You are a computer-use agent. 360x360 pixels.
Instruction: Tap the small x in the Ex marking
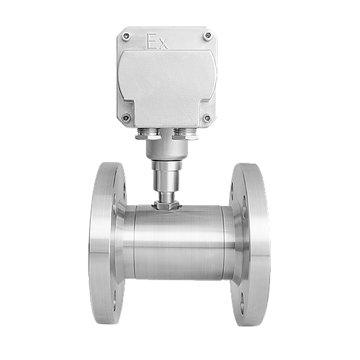pos(163,45)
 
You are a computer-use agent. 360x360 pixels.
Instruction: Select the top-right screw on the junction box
pos(207,36)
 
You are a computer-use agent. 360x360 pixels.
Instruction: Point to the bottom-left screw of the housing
pos(125,117)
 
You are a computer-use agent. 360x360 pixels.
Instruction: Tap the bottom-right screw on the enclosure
pos(207,118)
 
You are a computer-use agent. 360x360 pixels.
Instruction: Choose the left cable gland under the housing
pos(148,134)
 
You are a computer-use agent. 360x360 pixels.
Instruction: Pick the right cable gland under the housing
pos(186,134)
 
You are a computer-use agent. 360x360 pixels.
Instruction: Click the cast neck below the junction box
pos(166,149)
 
